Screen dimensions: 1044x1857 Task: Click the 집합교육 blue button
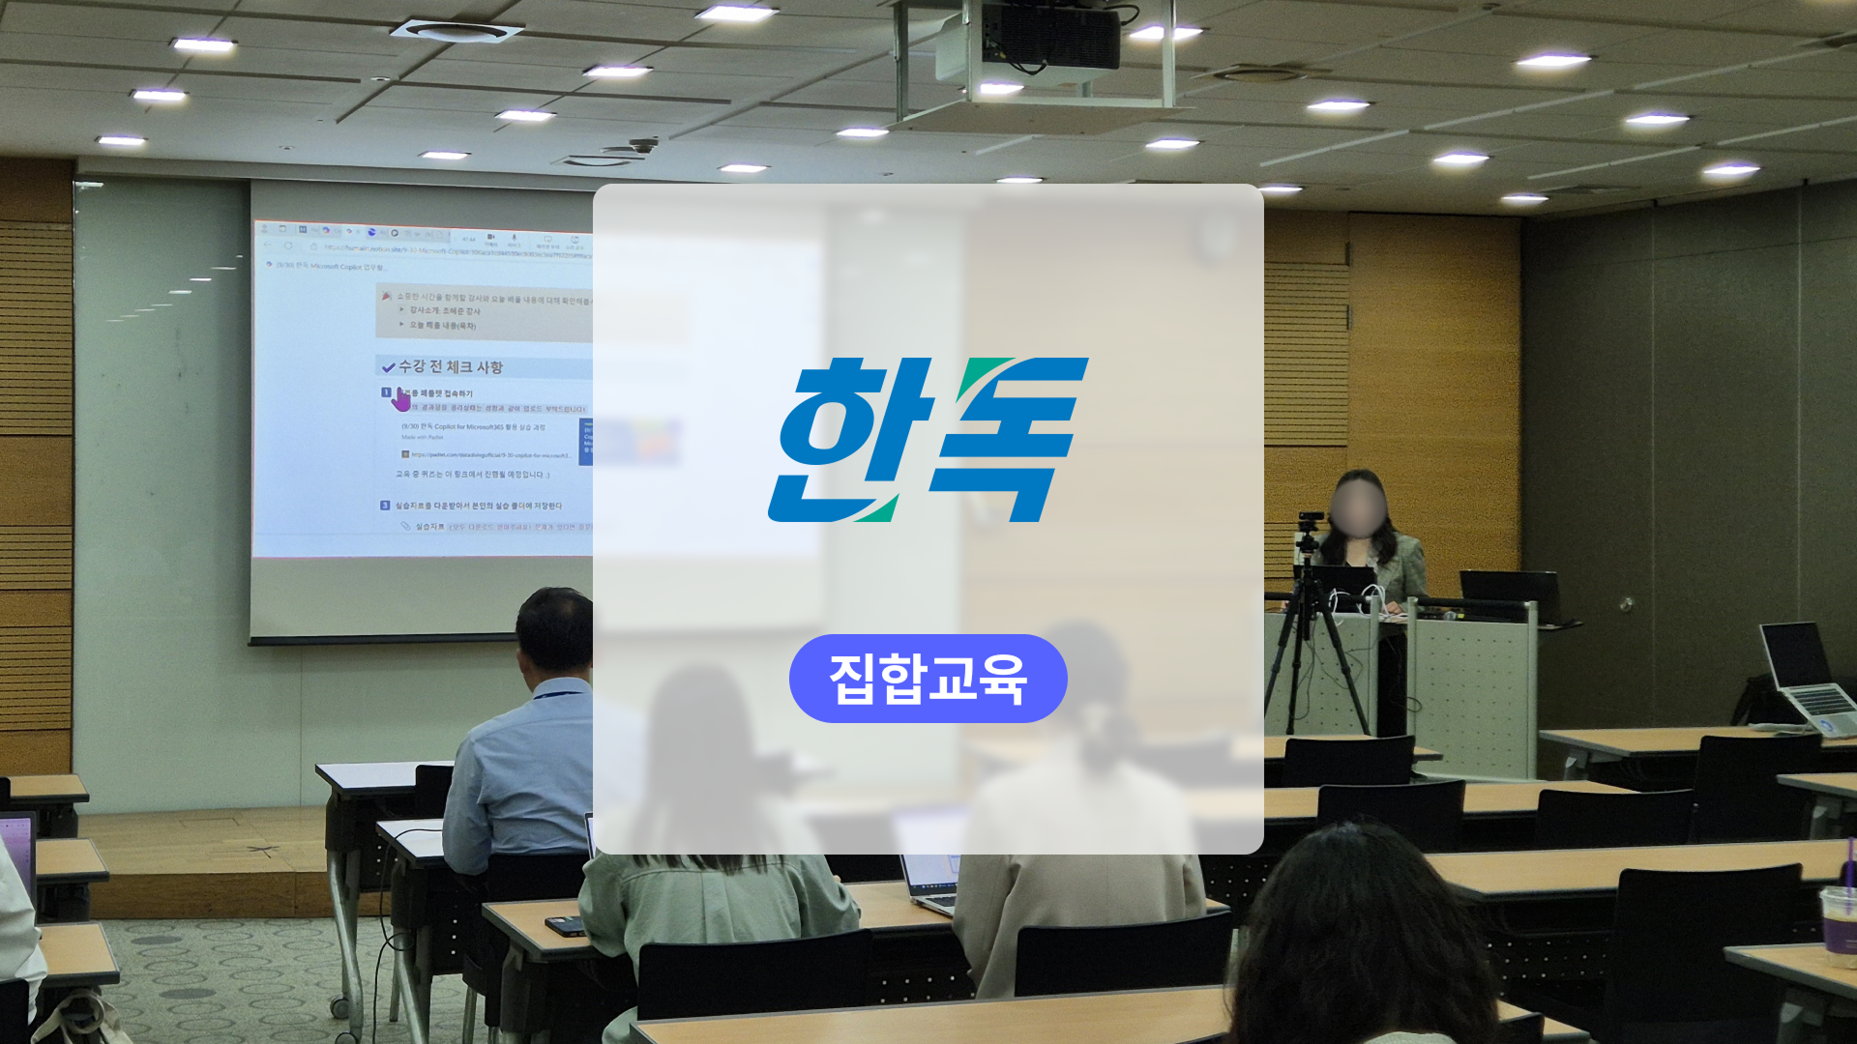tap(928, 679)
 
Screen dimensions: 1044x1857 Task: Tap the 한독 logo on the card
tap(928, 440)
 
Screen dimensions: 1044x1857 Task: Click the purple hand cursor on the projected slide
tap(401, 398)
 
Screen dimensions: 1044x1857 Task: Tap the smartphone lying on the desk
tap(566, 926)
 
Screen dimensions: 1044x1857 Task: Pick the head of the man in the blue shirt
tap(554, 633)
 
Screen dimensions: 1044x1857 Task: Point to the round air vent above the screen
tap(456, 31)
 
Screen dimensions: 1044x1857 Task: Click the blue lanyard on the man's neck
tap(559, 693)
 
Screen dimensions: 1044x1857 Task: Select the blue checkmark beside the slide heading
tap(388, 367)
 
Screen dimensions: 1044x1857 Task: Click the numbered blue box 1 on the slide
tap(385, 392)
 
